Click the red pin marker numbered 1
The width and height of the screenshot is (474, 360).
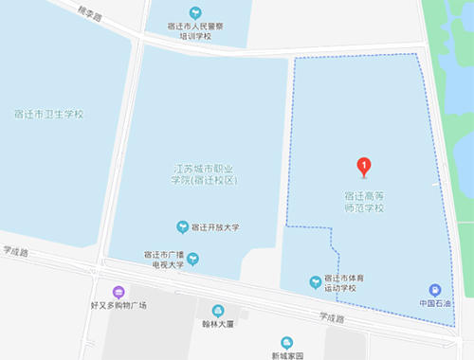point(363,167)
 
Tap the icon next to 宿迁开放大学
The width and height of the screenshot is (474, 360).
point(183,227)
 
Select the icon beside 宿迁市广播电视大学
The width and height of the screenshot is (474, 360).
point(192,258)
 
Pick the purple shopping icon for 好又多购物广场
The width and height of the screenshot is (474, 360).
point(118,292)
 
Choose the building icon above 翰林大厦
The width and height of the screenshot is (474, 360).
point(218,311)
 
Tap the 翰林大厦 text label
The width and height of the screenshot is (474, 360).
point(218,325)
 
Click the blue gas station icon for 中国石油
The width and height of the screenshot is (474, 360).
point(434,290)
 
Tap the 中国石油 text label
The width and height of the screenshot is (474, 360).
point(434,304)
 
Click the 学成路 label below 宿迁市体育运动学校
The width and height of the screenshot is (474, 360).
point(332,318)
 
